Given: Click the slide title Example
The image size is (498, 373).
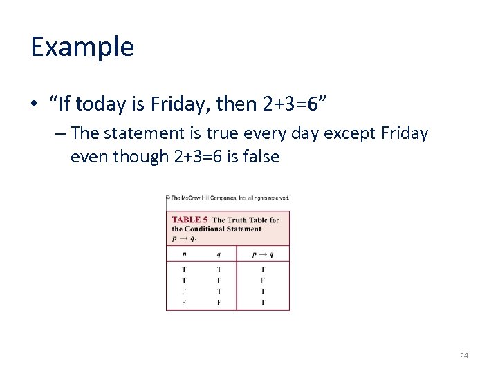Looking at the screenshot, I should click(x=82, y=47).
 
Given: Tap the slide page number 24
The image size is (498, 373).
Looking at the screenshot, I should click(x=463, y=356).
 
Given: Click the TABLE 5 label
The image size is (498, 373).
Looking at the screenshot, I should click(x=190, y=220).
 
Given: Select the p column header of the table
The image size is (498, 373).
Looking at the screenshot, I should click(x=184, y=254).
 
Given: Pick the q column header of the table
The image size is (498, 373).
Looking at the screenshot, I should click(x=219, y=254).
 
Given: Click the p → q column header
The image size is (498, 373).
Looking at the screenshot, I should click(x=263, y=254).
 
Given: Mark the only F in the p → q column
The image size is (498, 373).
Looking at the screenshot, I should click(x=263, y=280).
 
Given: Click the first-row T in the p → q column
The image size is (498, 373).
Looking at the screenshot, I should click(x=263, y=269).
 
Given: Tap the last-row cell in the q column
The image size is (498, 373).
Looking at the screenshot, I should click(x=219, y=303).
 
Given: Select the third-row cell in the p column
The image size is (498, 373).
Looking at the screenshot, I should click(x=184, y=291).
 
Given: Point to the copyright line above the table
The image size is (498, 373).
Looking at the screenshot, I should click(x=228, y=198).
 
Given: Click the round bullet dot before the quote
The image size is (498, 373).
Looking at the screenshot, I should click(x=33, y=105).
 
